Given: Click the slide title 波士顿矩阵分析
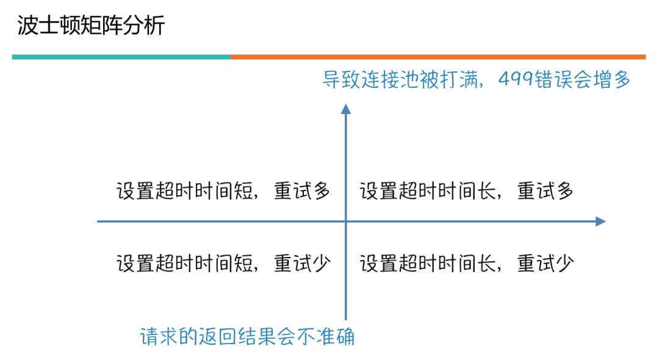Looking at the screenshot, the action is [91, 27].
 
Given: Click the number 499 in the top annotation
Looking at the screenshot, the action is [516, 80].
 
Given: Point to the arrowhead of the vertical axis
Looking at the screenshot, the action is [346, 109].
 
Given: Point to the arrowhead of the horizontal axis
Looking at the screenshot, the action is [600, 221].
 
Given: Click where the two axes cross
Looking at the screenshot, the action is [346, 221].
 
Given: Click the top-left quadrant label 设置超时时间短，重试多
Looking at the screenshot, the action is [223, 192].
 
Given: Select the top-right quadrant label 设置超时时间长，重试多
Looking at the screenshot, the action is [467, 192].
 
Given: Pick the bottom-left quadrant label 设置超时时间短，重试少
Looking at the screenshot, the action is [223, 264].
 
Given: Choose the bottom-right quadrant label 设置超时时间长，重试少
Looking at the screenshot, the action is [467, 264].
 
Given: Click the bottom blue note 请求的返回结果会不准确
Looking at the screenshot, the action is [247, 336].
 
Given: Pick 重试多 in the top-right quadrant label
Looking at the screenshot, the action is [546, 192].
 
